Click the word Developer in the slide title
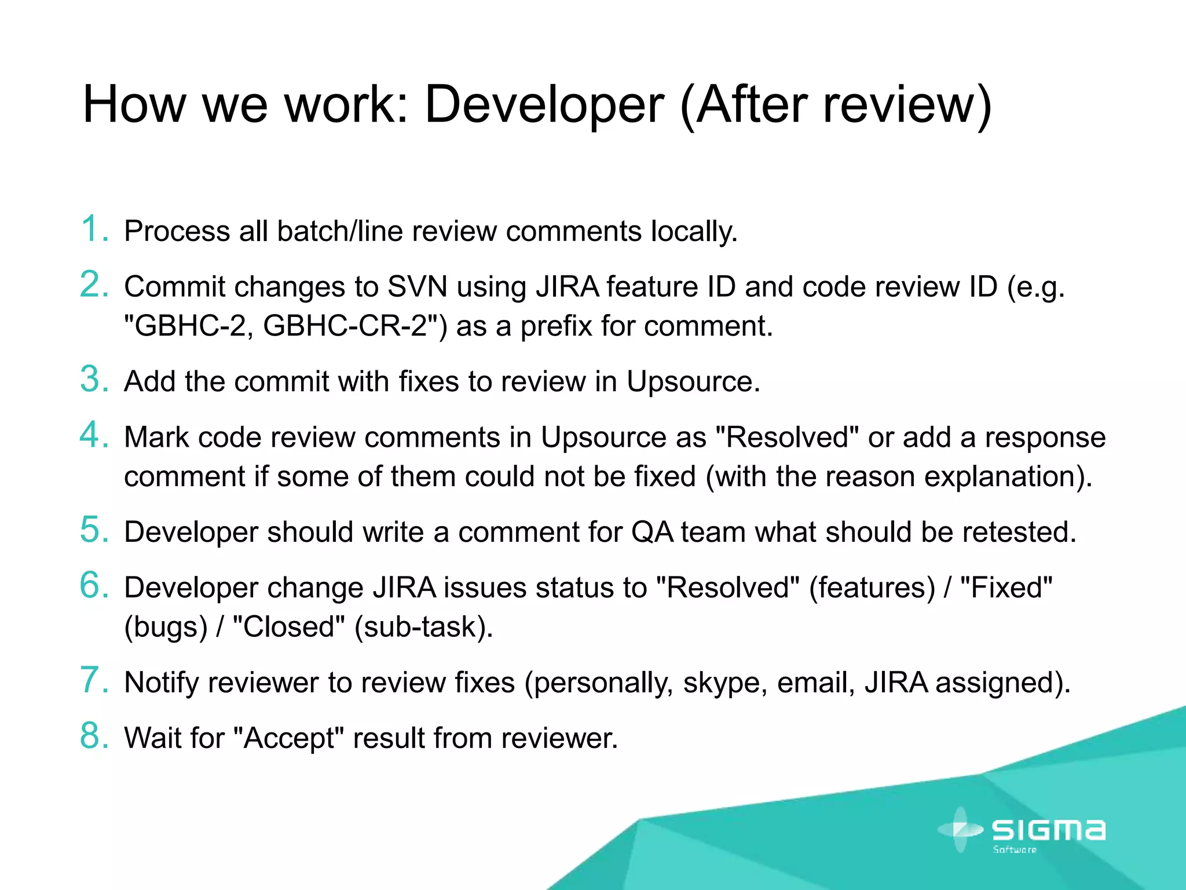click(x=544, y=105)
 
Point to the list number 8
click(x=94, y=736)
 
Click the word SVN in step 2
click(x=417, y=287)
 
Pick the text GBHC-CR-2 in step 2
click(x=345, y=326)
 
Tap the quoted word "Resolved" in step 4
click(x=786, y=437)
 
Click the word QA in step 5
click(x=652, y=532)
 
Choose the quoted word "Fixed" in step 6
click(x=1006, y=588)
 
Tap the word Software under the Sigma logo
click(x=1015, y=850)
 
